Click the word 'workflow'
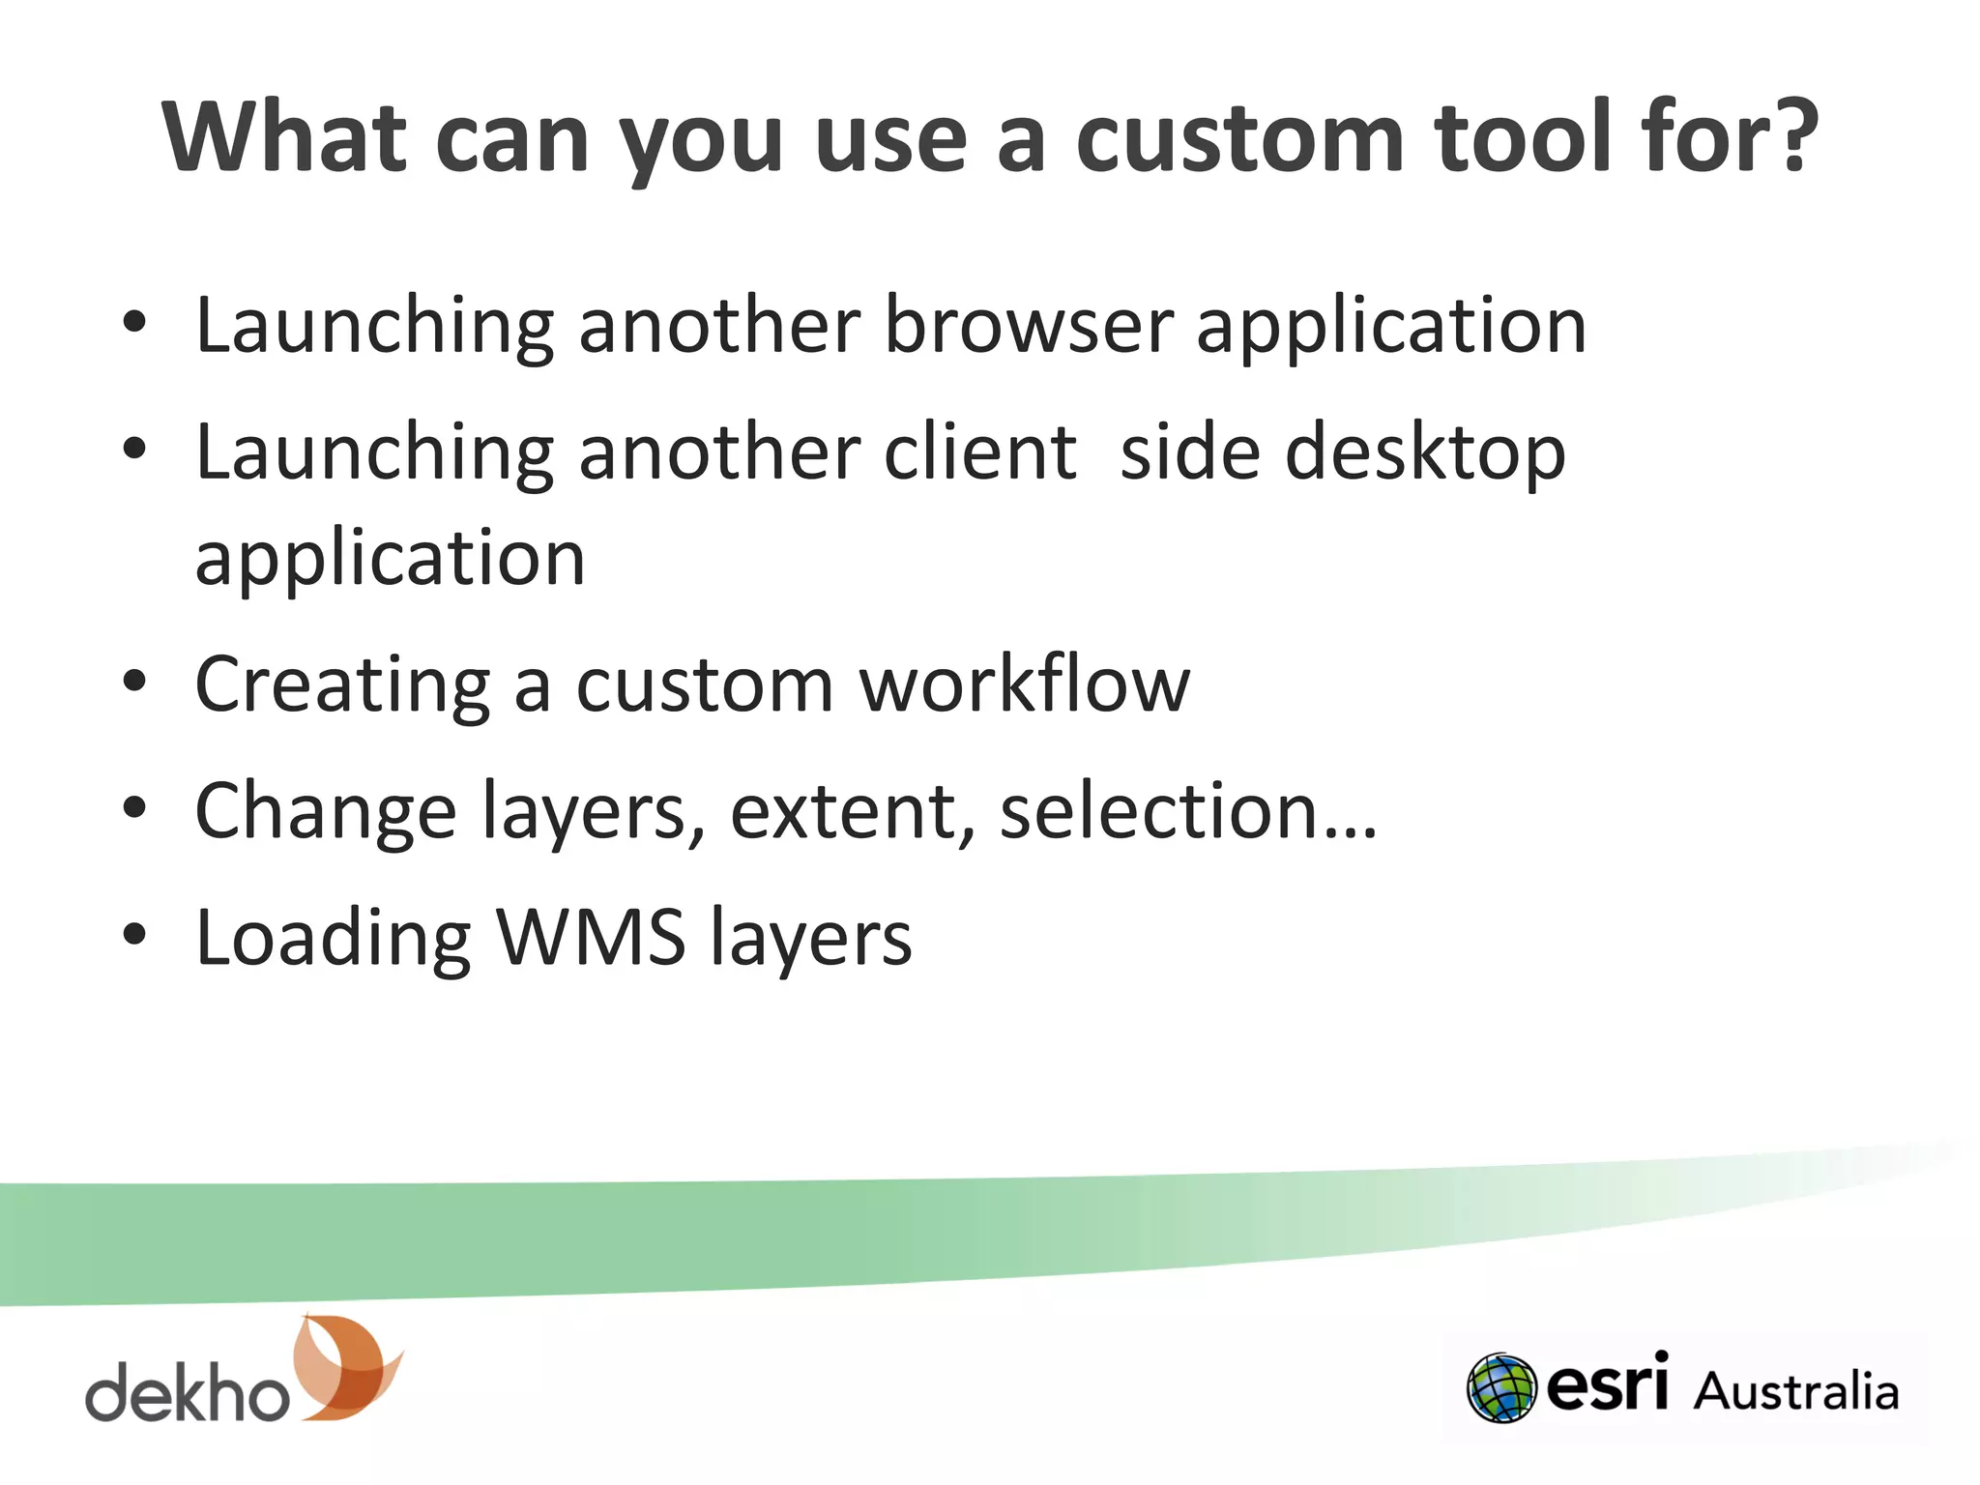1025,684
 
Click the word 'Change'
326,812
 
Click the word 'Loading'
334,939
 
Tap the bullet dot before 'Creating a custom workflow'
134,682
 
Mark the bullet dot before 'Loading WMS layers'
134,934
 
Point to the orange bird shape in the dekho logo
345,1367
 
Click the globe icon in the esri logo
1500,1388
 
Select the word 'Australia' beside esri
1795,1391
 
